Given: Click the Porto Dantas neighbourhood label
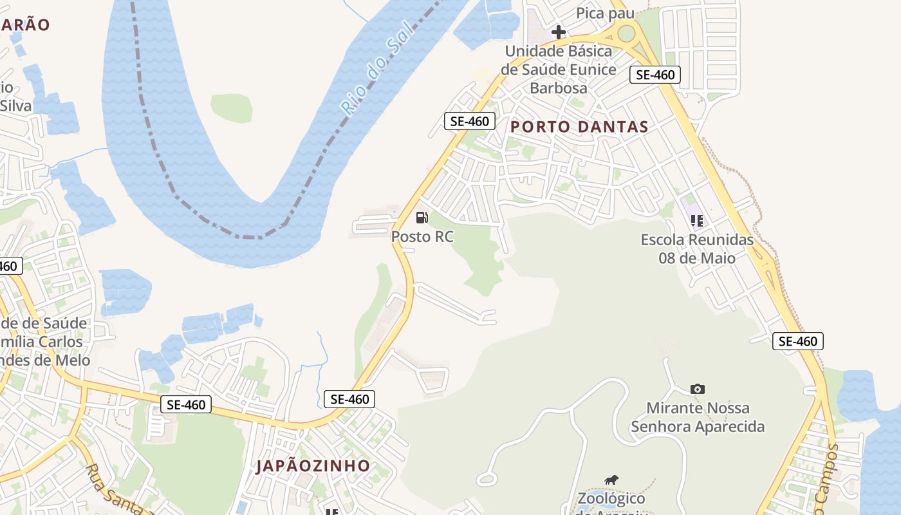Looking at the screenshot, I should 579,127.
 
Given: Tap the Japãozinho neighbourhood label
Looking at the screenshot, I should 313,465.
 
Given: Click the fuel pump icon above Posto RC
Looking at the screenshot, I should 422,218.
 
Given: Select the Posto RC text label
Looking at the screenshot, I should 422,237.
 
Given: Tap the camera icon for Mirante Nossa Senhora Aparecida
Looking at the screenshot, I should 697,389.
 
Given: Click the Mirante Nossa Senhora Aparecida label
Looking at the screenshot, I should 698,417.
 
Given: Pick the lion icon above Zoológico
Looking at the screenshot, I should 611,480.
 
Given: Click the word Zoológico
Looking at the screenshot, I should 611,498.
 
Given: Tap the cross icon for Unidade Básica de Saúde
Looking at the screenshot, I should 559,32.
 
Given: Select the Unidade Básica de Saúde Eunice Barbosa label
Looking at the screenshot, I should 559,69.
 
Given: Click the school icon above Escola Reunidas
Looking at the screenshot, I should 696,221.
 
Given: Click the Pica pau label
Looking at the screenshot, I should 605,13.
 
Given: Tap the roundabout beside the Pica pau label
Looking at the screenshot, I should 626,33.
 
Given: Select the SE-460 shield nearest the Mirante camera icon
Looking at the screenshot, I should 798,341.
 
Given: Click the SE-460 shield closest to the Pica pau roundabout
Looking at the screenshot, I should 655,75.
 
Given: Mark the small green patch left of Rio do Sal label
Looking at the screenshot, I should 232,108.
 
